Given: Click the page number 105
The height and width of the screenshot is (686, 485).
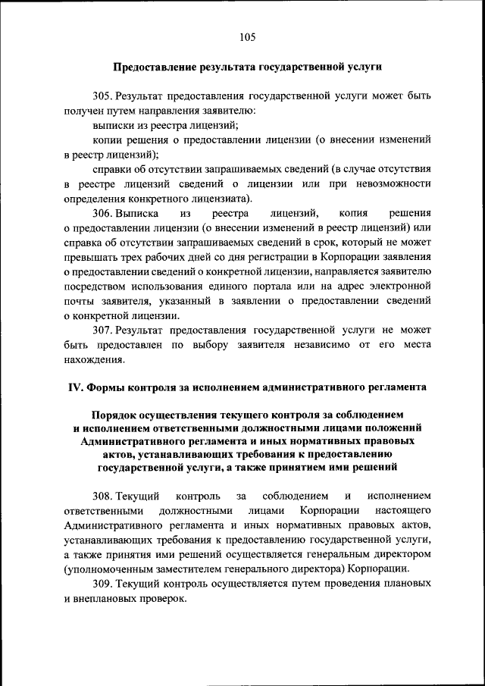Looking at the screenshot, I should point(246,36).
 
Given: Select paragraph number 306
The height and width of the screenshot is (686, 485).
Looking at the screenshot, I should point(102,215).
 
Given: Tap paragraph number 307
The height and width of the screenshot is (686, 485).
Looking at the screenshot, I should point(102,331).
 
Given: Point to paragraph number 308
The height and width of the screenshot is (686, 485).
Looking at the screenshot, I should point(102,496).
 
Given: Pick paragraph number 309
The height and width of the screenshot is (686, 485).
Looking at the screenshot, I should point(102,584).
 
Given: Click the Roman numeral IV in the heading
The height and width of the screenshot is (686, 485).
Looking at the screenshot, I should point(75,387).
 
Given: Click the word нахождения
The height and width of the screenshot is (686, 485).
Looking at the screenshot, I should point(92,360).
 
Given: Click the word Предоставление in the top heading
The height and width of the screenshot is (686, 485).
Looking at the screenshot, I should point(155,67).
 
